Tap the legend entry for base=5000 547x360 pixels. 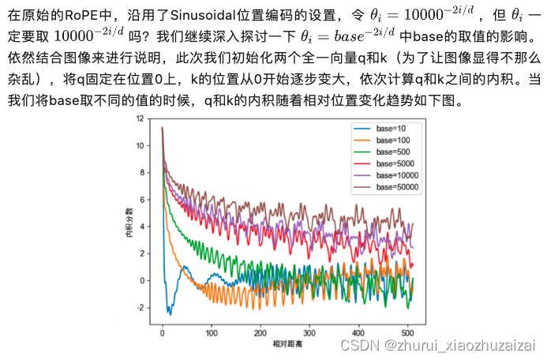pyautogui.click(x=395, y=163)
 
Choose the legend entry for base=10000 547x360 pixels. pyautogui.click(x=397, y=174)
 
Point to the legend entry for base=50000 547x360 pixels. pyautogui.click(x=397, y=186)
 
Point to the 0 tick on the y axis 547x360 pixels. pyautogui.click(x=141, y=280)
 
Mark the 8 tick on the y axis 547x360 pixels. pyautogui.click(x=141, y=172)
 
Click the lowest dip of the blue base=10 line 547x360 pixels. pyautogui.click(x=169, y=313)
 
